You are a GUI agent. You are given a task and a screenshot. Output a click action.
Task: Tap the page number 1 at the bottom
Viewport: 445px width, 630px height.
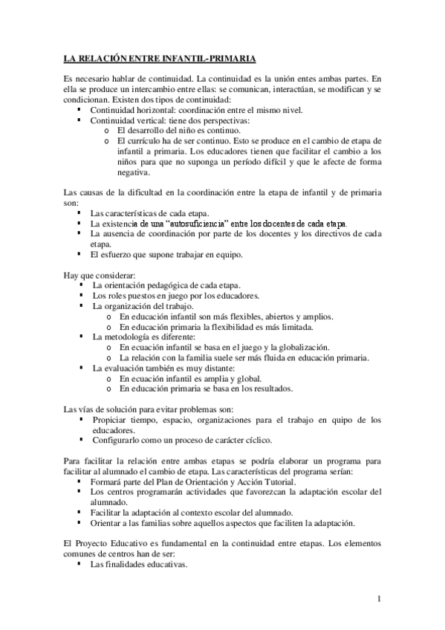point(379,599)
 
